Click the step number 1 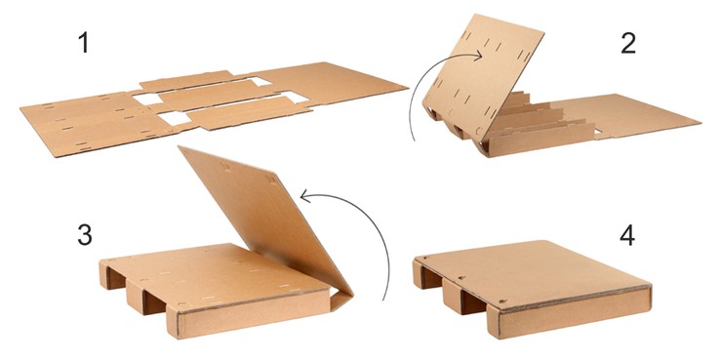(83, 44)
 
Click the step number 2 (627, 44)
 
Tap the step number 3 (85, 235)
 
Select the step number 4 (627, 235)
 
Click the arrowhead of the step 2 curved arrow (477, 57)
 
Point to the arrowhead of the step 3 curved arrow (306, 196)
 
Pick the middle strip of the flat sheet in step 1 (216, 96)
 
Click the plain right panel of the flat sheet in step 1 (331, 83)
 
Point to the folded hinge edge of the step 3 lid (341, 298)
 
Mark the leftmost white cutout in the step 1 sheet (148, 100)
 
